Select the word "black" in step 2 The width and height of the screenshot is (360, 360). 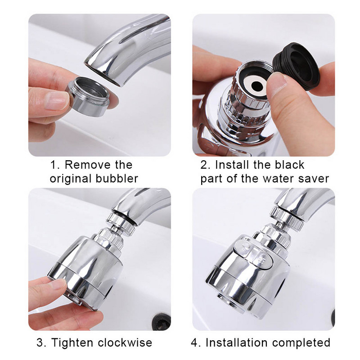coord(289,165)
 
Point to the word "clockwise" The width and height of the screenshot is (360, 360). coord(125,342)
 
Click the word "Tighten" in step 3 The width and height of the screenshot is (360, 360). coord(72,343)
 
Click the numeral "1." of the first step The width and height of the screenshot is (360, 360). coord(54,165)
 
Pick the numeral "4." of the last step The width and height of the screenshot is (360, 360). coord(196,343)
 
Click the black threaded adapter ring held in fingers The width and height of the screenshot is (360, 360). coord(296,66)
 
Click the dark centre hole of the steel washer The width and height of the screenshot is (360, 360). coord(256,85)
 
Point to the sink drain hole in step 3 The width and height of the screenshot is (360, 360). coord(162,320)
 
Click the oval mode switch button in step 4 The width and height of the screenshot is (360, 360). coord(254,254)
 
